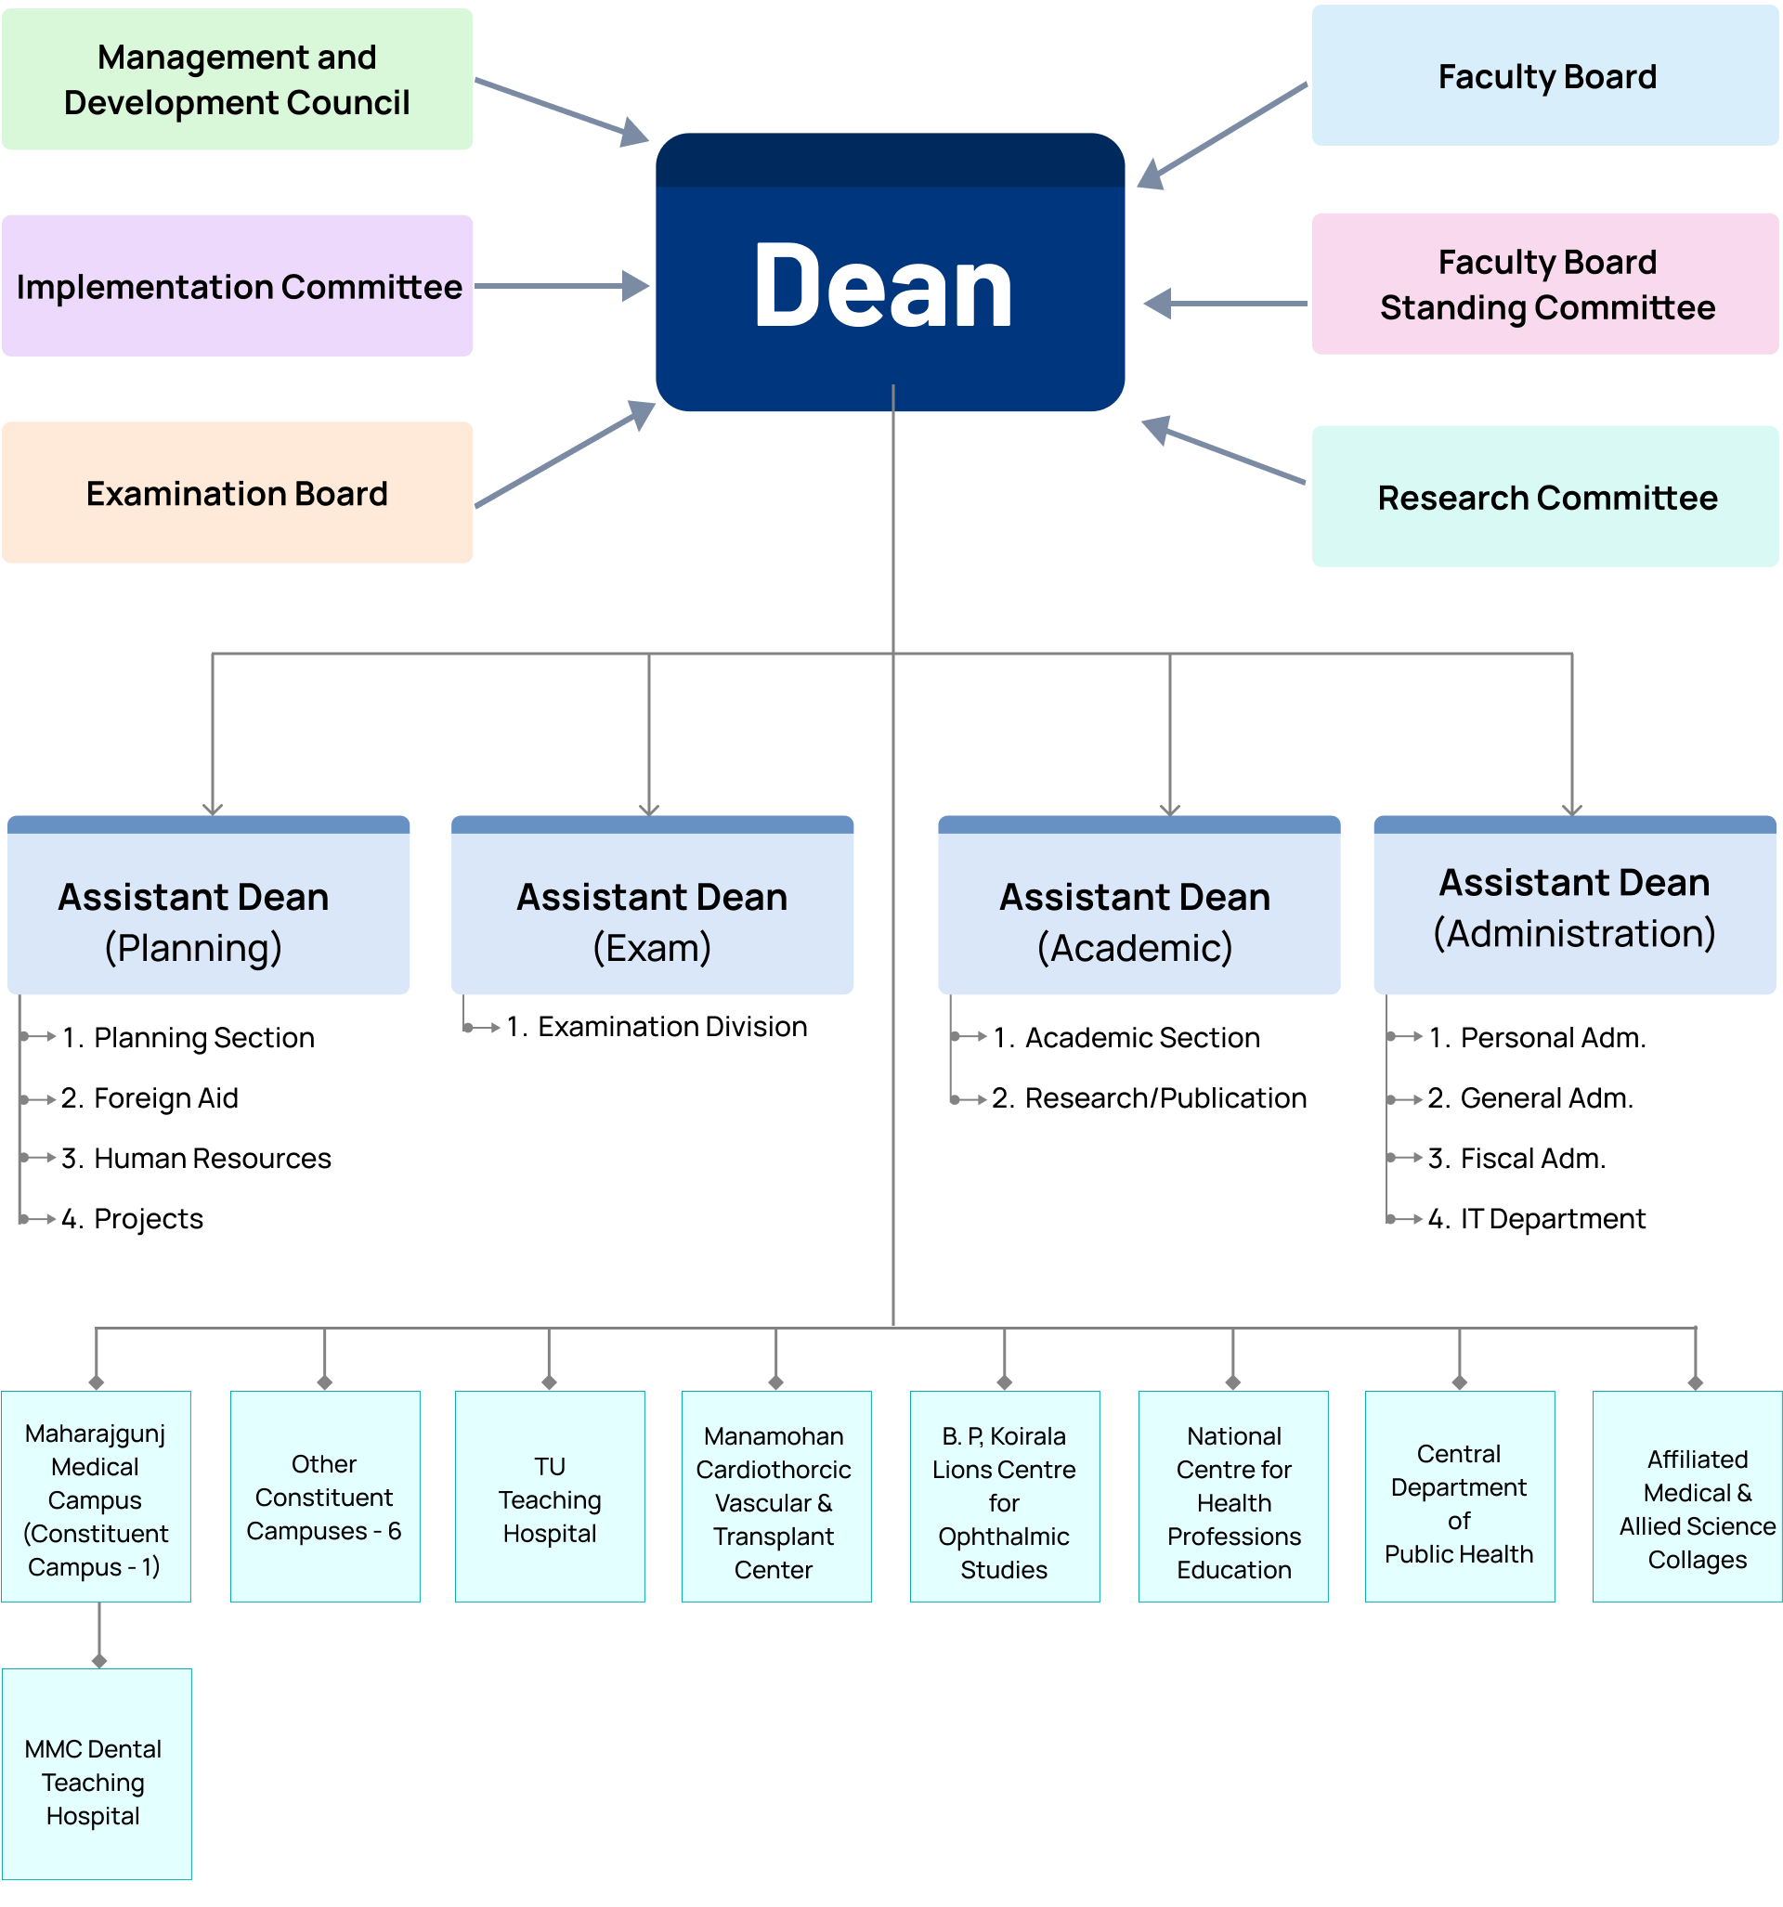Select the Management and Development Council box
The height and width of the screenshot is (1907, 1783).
(237, 80)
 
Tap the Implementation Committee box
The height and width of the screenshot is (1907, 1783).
(237, 286)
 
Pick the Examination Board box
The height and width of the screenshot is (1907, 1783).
(237, 493)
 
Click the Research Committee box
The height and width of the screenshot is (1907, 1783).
(1545, 497)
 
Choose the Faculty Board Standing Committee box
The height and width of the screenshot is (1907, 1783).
(1545, 285)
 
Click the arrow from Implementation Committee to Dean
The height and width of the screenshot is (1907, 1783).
(562, 286)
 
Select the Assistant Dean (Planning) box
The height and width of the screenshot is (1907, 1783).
(208, 906)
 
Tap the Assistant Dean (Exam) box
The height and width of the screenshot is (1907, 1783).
(652, 906)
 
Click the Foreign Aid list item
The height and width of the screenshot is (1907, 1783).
(165, 1098)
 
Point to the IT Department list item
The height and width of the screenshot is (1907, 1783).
(1552, 1219)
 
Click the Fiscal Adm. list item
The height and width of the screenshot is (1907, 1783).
(1531, 1159)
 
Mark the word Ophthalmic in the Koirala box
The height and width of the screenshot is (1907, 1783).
(1004, 1537)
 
